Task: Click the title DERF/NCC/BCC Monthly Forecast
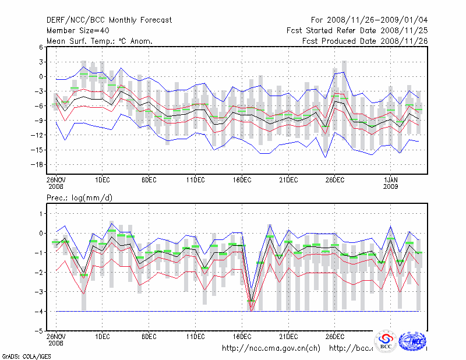coord(109,20)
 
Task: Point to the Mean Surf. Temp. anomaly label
coord(100,41)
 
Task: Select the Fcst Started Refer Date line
coord(356,30)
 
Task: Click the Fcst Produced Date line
coord(365,41)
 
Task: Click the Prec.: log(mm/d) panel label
coord(80,198)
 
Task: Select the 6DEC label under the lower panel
coord(149,336)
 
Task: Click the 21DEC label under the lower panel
coord(288,336)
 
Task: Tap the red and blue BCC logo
coord(385,343)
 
